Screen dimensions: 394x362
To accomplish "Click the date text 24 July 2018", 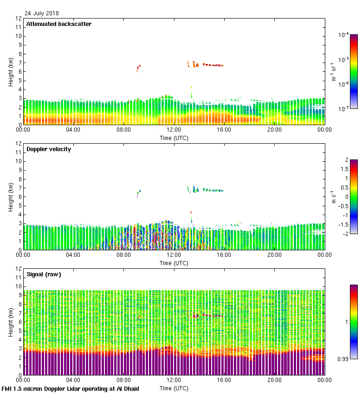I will [x=42, y=13].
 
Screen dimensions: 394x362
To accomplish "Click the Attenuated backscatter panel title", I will [x=58, y=24].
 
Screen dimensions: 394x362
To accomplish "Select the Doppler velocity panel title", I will [x=48, y=149].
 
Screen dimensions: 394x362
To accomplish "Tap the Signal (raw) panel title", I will [x=44, y=274].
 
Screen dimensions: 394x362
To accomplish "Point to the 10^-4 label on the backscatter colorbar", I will [x=344, y=35].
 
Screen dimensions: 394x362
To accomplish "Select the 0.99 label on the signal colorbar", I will [x=343, y=359].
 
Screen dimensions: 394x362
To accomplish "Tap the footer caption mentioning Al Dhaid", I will [x=70, y=388].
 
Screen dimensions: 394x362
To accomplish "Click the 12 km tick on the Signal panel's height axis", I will [x=19, y=269].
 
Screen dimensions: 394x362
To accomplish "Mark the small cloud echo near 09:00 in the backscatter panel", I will [x=138, y=68].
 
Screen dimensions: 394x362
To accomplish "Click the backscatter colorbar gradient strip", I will [x=353, y=71].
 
